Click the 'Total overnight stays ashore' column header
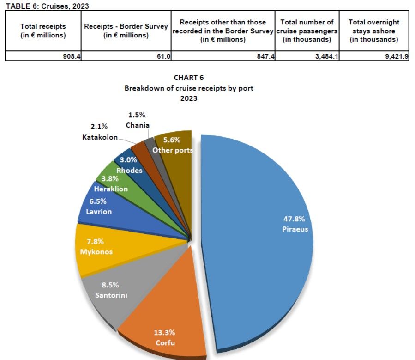(x=374, y=31)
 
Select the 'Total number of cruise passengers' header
(x=307, y=31)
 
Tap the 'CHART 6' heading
(x=188, y=77)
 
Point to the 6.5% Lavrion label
(x=98, y=207)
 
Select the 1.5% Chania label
(x=138, y=120)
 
